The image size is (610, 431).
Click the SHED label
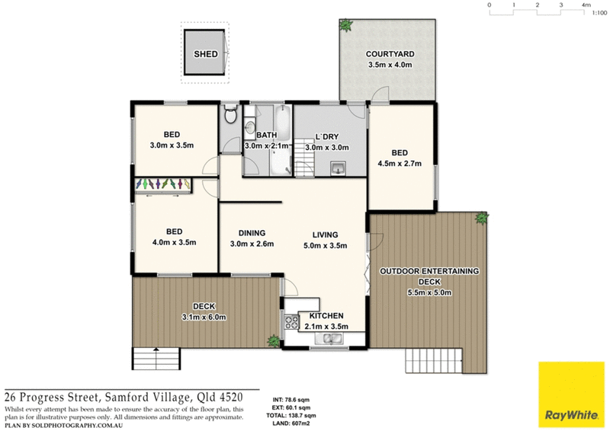click(x=205, y=54)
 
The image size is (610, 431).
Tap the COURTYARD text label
click(x=390, y=54)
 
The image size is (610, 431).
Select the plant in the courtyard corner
click(x=347, y=25)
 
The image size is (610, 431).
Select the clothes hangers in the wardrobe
click(x=162, y=184)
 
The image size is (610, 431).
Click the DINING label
click(x=252, y=233)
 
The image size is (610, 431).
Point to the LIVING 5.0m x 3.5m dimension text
click(x=326, y=245)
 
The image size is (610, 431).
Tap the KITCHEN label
click(x=326, y=315)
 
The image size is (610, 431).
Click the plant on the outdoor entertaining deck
click(x=481, y=219)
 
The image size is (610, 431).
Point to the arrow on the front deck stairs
click(x=156, y=350)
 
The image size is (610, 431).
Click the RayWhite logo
click(x=570, y=395)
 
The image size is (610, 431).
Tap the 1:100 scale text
click(x=588, y=14)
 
